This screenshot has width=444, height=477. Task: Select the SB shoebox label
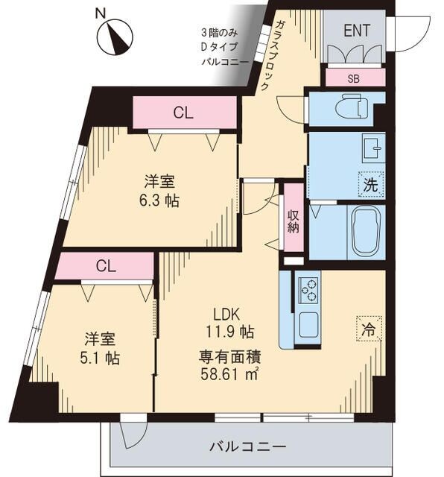354,78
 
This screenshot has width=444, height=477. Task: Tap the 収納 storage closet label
294,218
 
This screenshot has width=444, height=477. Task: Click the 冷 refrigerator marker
369,326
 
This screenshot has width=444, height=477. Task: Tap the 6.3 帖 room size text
162,201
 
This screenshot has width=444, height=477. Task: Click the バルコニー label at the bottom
247,447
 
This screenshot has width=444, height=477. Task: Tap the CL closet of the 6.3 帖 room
183,113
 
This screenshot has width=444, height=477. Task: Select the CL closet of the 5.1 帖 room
105,266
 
